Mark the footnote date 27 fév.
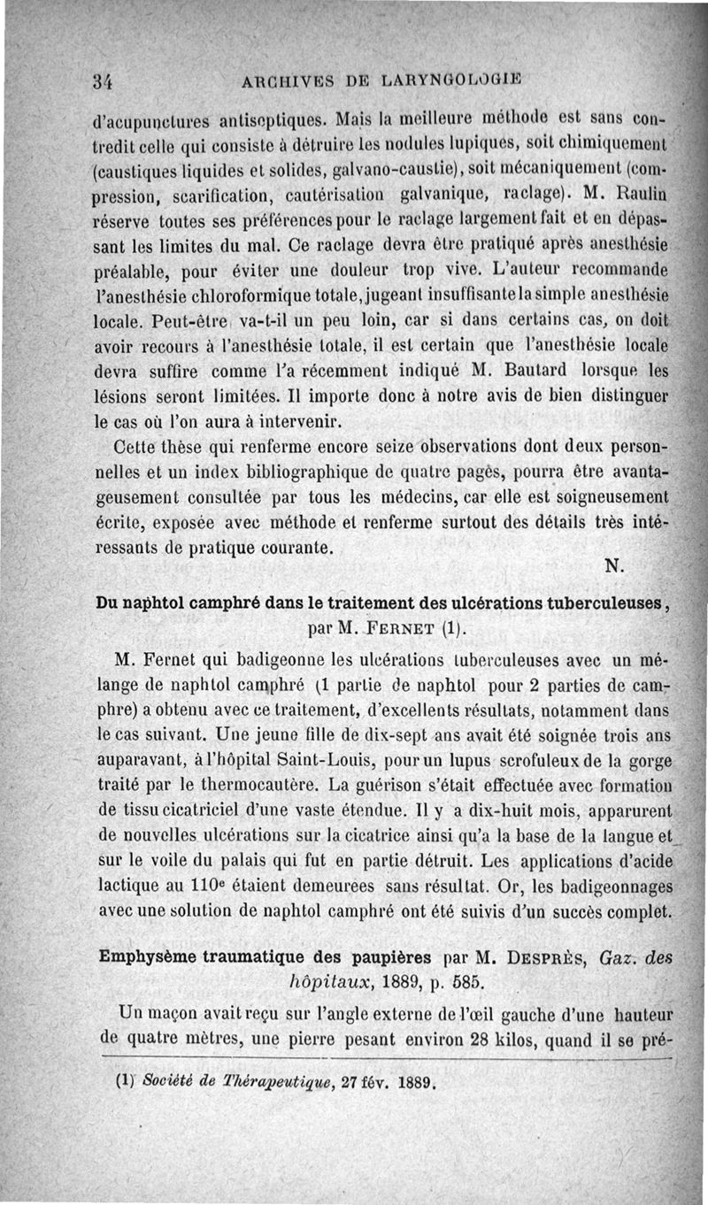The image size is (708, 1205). pyautogui.click(x=346, y=1081)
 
